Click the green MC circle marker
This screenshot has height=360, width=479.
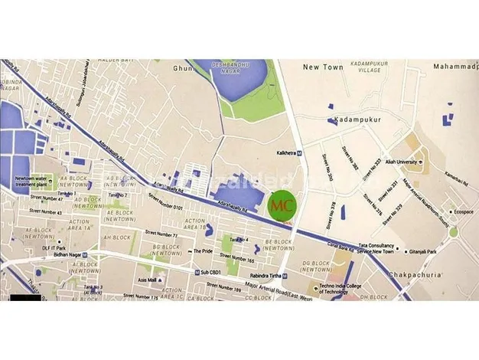coord(283,206)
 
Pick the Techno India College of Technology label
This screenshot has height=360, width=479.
coord(344,292)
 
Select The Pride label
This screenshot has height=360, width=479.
coord(202,250)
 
